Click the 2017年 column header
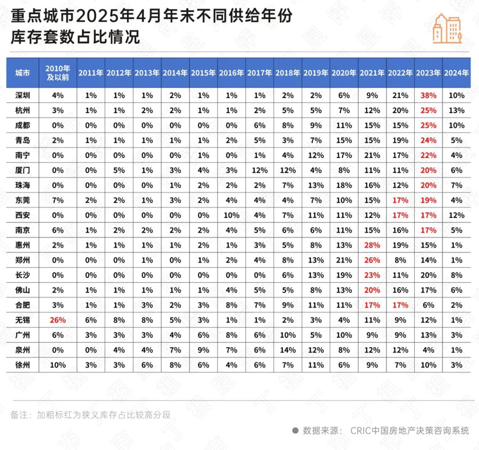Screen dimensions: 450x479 (x=259, y=73)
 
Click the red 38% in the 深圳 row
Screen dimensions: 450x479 (x=428, y=95)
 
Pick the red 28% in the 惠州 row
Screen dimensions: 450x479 (x=372, y=245)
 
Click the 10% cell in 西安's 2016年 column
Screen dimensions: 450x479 (x=231, y=215)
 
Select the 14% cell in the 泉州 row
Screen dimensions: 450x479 (x=287, y=350)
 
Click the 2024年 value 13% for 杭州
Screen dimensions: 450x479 (x=456, y=110)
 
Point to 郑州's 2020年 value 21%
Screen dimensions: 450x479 (x=344, y=260)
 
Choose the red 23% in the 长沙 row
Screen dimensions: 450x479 (x=372, y=275)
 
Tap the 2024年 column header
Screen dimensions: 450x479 (x=456, y=73)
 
